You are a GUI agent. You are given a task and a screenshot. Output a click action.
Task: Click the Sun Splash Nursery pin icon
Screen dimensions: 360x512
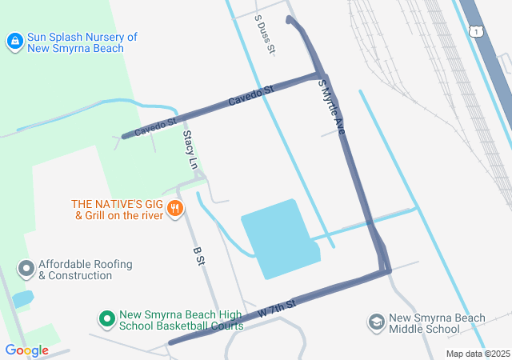[x=14, y=40]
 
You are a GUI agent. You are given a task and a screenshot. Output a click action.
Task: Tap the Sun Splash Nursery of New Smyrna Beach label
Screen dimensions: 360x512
[x=76, y=42]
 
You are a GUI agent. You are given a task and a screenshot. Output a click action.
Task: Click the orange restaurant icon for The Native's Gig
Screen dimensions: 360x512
[x=175, y=210]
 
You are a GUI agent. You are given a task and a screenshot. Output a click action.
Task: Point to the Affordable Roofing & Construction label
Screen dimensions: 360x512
[x=86, y=270]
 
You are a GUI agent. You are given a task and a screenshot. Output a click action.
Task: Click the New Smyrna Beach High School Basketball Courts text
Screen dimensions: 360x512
[x=170, y=320]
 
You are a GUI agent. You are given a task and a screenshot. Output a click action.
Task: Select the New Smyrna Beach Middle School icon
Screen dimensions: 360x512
[x=376, y=322]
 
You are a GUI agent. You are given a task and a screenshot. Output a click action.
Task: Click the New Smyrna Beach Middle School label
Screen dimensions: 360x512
[x=437, y=323]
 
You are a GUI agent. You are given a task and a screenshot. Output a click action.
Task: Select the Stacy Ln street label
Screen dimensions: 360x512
[x=190, y=149]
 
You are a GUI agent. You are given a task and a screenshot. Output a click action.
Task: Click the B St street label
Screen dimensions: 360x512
[x=200, y=256]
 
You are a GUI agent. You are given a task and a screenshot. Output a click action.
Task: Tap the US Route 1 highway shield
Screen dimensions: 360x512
[x=476, y=31]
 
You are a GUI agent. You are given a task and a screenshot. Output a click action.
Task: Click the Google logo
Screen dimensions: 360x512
[x=26, y=350]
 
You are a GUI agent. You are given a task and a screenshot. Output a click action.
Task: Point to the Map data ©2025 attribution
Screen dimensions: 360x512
[x=478, y=354]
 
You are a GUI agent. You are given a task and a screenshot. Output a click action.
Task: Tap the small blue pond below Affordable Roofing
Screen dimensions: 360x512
[x=22, y=299]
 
